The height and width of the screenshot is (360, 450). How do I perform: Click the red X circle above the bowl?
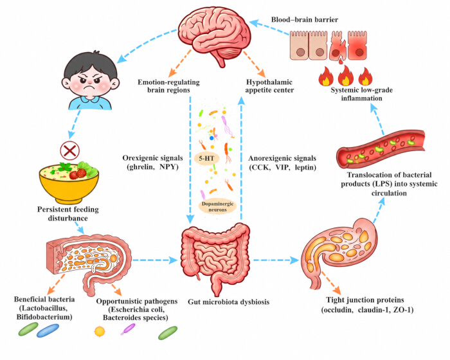pos(70,150)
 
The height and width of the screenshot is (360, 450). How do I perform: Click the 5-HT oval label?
pos(207,158)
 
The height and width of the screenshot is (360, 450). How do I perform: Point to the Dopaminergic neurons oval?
pos(217,207)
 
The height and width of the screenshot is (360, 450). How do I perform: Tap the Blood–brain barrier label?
pos(305,19)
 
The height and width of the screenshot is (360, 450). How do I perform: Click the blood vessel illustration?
pos(381,148)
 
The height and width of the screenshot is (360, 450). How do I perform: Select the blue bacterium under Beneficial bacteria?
pos(48,330)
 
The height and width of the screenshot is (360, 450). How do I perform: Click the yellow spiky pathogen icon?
pos(100,331)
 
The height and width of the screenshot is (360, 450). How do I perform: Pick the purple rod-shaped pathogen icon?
pos(128,329)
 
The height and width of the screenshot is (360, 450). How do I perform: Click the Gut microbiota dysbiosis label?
pos(228,301)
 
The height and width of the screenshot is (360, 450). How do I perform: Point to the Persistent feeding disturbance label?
pos(68,213)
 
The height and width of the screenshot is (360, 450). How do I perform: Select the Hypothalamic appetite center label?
pos(269,86)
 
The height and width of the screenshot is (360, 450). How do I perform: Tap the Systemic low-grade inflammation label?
pos(361,94)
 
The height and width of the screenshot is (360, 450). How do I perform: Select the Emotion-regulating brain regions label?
pos(168,86)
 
